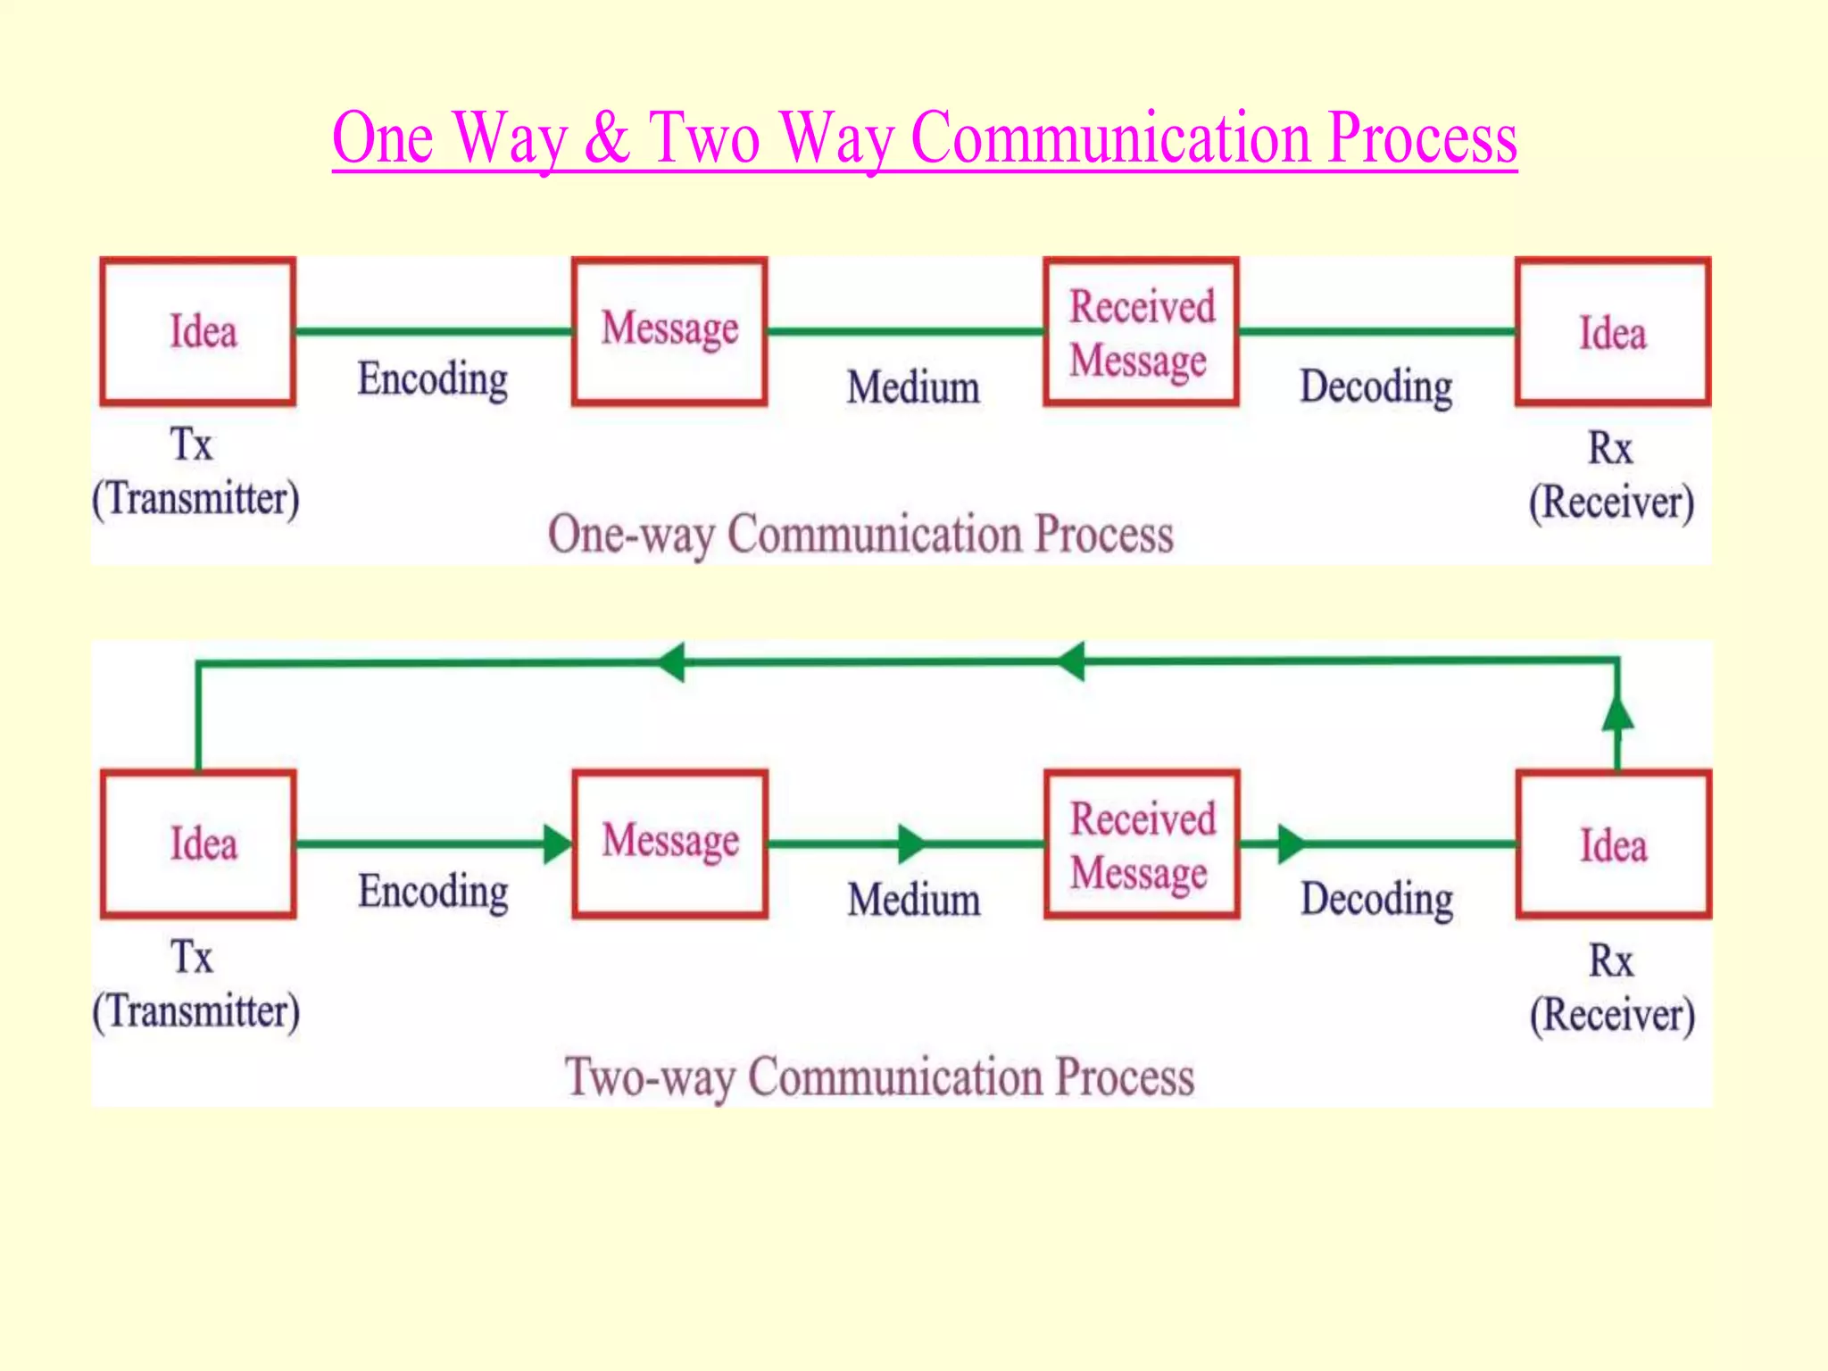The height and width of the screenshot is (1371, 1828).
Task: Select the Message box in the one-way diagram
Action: pyautogui.click(x=669, y=331)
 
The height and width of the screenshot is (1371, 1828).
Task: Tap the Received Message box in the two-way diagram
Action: pyautogui.click(x=1142, y=844)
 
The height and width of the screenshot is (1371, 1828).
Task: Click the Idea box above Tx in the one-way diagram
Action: pyautogui.click(x=197, y=331)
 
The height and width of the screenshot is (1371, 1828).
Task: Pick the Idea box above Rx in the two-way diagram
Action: pyautogui.click(x=1613, y=844)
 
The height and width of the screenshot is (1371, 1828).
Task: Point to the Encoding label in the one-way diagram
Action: pyautogui.click(x=433, y=379)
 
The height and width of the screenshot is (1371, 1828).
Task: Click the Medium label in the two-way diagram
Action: pyautogui.click(x=914, y=900)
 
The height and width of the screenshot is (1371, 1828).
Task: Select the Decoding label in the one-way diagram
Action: pyautogui.click(x=1375, y=387)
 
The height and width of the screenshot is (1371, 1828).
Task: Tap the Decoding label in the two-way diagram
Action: pyautogui.click(x=1376, y=900)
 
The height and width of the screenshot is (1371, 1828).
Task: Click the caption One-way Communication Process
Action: pyautogui.click(x=860, y=535)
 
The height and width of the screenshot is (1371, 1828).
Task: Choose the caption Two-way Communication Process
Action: pyautogui.click(x=879, y=1076)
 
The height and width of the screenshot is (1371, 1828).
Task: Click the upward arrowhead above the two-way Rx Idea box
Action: pyautogui.click(x=1617, y=714)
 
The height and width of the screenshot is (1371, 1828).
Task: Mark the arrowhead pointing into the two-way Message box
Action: pyautogui.click(x=557, y=843)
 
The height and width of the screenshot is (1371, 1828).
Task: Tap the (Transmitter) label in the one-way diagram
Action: pyautogui.click(x=195, y=499)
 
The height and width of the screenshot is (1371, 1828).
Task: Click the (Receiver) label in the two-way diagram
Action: pyautogui.click(x=1612, y=1016)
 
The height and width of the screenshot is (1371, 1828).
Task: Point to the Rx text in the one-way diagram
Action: pyautogui.click(x=1609, y=448)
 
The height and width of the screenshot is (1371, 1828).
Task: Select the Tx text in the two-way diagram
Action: pyautogui.click(x=192, y=958)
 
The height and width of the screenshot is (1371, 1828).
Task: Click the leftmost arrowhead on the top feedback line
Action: pyautogui.click(x=671, y=662)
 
